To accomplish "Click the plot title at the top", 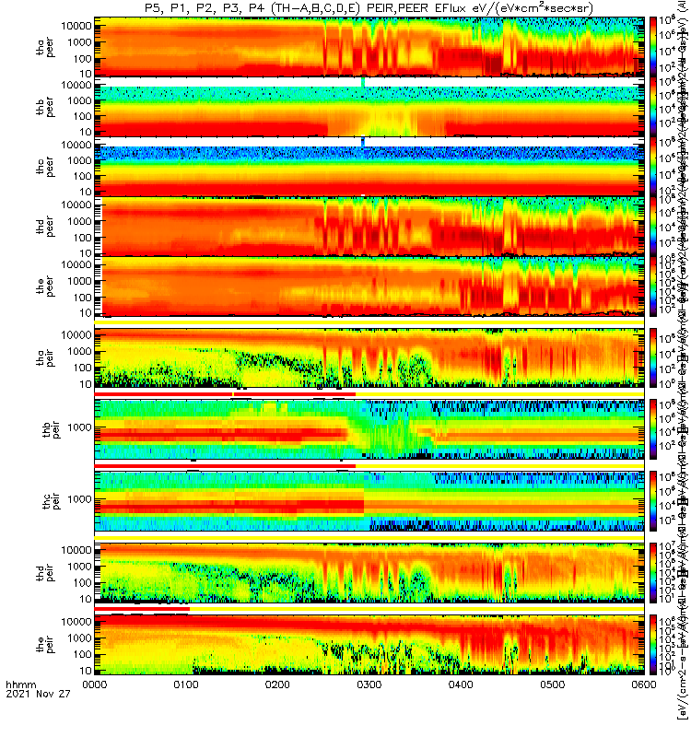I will [369, 8].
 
